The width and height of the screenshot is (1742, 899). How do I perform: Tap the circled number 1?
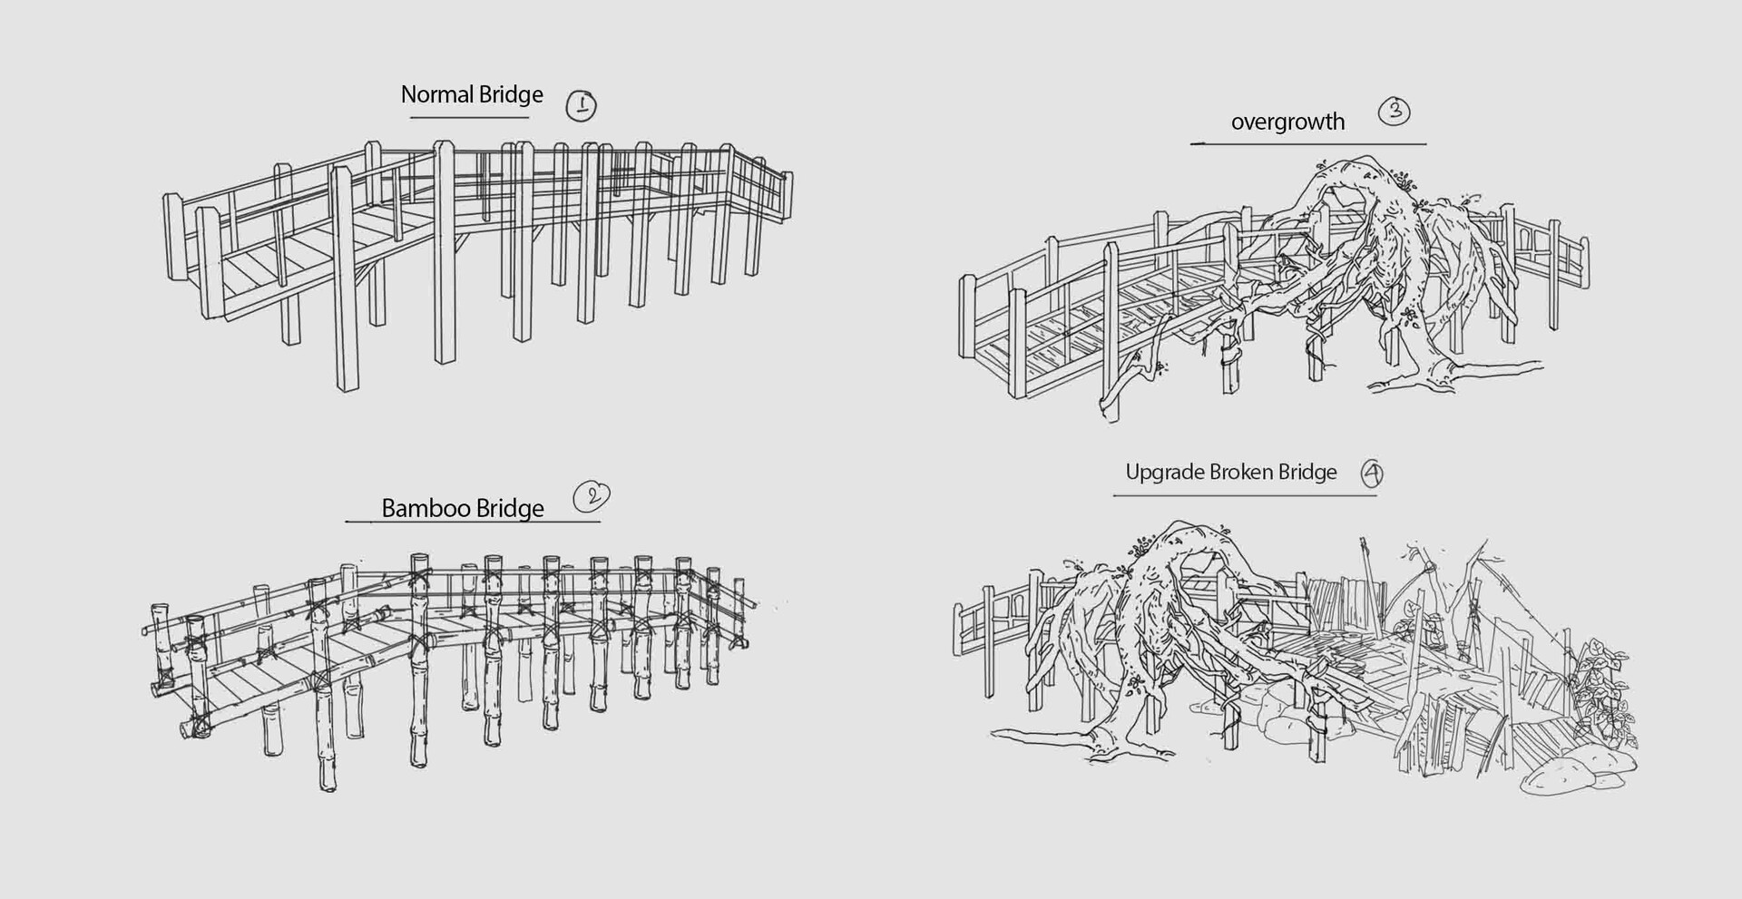(582, 106)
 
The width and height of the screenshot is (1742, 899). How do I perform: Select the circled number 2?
(592, 495)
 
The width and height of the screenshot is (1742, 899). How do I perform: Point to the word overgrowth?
(1287, 122)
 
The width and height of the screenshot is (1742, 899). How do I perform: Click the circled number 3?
(1395, 112)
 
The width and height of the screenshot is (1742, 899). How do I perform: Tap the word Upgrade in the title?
(1164, 473)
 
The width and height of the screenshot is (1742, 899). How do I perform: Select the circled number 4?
(1373, 473)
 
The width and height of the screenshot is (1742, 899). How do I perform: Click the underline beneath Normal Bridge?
(469, 117)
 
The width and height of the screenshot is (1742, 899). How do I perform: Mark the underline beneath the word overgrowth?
(1307, 143)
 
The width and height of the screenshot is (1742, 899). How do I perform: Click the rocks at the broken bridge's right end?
(1565, 776)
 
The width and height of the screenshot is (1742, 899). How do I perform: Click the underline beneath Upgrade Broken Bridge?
(1244, 494)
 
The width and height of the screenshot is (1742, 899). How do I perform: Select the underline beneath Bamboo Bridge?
(472, 522)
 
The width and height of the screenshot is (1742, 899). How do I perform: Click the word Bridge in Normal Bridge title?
(511, 94)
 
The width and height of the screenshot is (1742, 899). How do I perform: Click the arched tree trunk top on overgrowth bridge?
(1352, 172)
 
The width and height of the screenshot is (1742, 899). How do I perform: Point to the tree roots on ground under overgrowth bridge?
(1452, 372)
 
